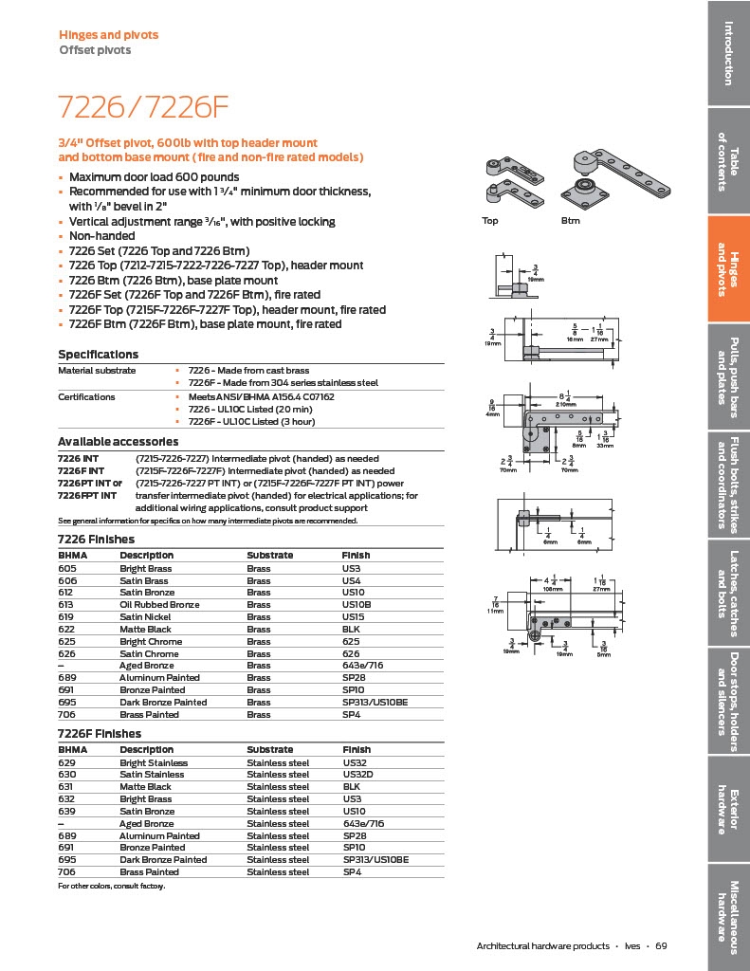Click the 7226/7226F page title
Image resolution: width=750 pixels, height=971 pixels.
(144, 105)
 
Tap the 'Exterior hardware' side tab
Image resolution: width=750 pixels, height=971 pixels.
(728, 810)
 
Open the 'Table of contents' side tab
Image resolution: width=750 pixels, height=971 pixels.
(728, 161)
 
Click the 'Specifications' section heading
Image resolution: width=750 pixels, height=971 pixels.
(98, 355)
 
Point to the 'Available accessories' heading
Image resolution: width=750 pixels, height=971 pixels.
(118, 442)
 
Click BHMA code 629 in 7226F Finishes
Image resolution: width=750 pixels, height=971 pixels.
(66, 762)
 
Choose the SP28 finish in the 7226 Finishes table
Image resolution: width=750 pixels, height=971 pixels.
(353, 678)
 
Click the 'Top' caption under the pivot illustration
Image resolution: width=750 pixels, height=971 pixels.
(490, 221)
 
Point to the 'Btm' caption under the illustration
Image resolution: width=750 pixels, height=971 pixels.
(570, 221)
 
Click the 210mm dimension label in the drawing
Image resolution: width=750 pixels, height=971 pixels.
(567, 403)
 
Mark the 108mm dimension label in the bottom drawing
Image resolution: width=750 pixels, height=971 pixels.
(552, 587)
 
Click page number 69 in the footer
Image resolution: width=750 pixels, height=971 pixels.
(661, 945)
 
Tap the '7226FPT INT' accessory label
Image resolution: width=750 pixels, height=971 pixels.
(87, 495)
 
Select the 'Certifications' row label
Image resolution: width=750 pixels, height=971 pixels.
(86, 397)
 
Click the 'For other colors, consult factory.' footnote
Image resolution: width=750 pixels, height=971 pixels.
(112, 886)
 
